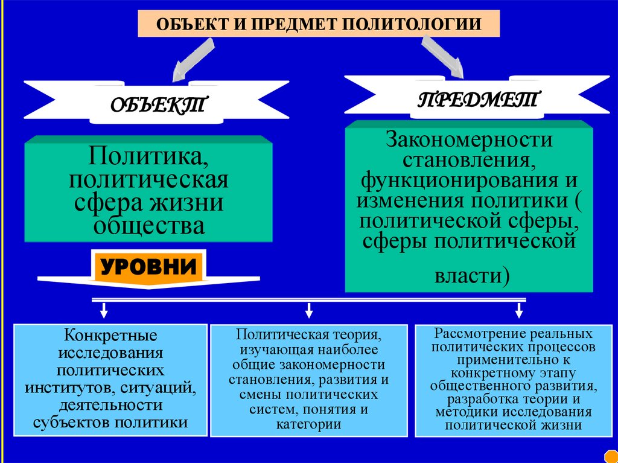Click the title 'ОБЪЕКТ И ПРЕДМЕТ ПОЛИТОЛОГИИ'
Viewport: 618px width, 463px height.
click(x=319, y=25)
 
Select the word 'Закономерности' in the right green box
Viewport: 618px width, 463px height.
click(x=470, y=140)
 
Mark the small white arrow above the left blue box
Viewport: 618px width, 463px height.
click(x=104, y=310)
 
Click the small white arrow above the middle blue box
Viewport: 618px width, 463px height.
click(x=309, y=310)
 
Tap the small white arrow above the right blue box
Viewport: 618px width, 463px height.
click(x=518, y=310)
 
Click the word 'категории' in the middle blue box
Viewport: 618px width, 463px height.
click(x=309, y=424)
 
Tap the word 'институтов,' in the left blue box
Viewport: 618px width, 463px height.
click(x=67, y=386)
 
